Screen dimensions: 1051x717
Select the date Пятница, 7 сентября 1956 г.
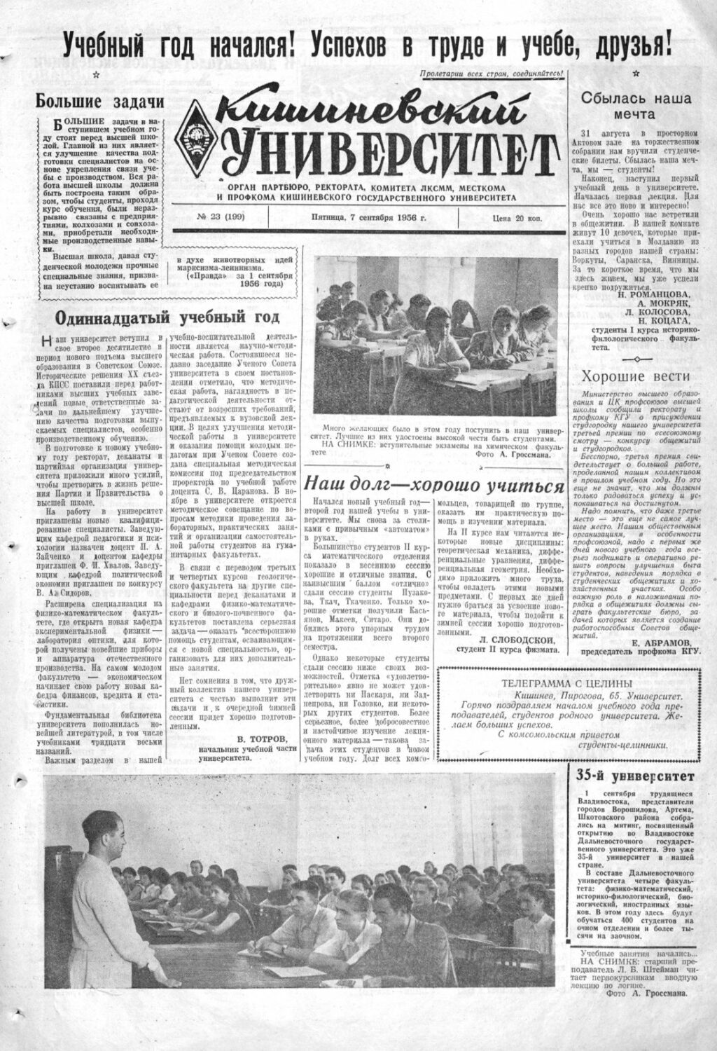click(x=363, y=218)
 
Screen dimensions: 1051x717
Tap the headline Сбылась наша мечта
click(x=636, y=106)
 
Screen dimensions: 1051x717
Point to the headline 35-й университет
click(x=635, y=776)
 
